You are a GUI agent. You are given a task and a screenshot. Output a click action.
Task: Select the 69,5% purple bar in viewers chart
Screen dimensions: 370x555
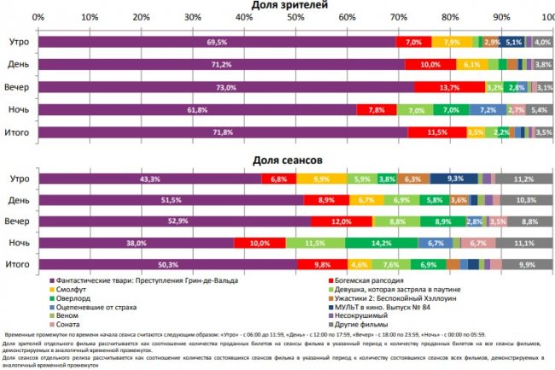pyautogui.click(x=217, y=42)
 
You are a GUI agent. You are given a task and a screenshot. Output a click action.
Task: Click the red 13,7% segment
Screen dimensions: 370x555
pyautogui.click(x=443, y=87)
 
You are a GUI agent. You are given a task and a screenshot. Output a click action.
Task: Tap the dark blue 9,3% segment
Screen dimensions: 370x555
pyautogui.click(x=453, y=179)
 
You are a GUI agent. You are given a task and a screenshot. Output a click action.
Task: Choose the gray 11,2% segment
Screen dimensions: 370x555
pyautogui.click(x=523, y=179)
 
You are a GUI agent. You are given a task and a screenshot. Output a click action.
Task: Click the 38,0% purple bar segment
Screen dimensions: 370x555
pyautogui.click(x=136, y=244)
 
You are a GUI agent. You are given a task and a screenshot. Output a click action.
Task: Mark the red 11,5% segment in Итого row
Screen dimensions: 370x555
pyautogui.click(x=437, y=132)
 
